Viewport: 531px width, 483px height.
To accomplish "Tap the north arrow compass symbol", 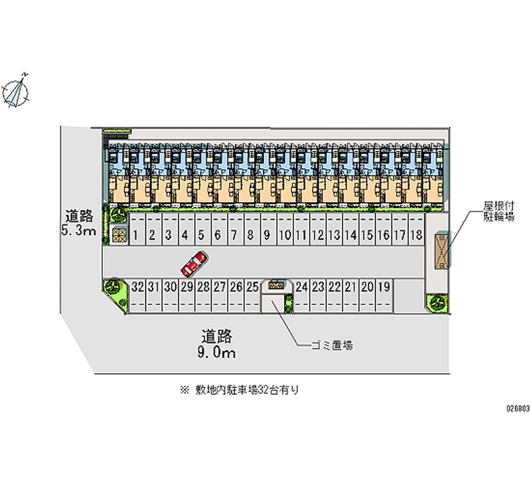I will point(17,90).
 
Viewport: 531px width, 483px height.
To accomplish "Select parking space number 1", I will point(135,235).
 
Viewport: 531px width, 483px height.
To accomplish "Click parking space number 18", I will point(416,235).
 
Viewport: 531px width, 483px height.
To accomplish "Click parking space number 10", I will point(285,235).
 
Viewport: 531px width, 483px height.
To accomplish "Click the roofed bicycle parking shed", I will point(441,250).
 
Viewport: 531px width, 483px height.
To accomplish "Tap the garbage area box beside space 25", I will point(276,284).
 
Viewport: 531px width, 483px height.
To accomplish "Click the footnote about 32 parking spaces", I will point(240,391).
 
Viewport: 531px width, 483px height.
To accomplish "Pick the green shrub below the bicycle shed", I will point(437,302).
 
